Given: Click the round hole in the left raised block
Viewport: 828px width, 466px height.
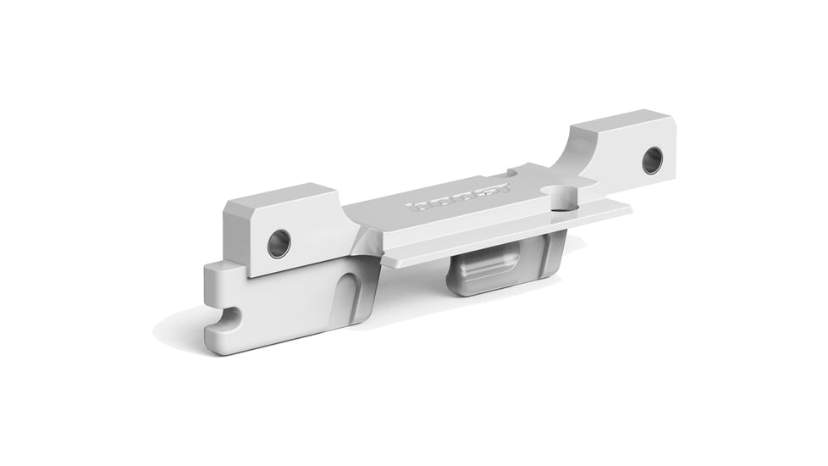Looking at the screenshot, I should pos(279,243).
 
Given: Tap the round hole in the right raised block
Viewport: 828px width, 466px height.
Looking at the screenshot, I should pos(652,160).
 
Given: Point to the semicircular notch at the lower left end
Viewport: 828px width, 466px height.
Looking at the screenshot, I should pos(228,319).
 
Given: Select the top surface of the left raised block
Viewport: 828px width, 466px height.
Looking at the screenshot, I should pos(279,196).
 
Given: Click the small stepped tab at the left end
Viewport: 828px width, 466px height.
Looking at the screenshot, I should pos(215,276).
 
